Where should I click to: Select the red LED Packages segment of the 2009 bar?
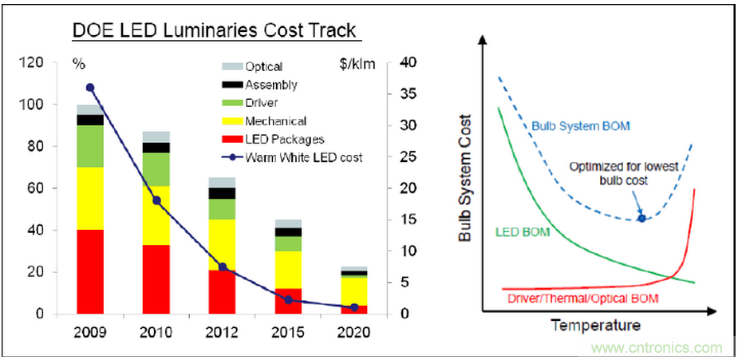coord(90,271)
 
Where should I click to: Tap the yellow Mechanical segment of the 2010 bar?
coord(156,216)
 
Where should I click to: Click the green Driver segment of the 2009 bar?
coord(90,146)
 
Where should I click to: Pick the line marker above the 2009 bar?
coord(90,88)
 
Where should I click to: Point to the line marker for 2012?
coord(223,267)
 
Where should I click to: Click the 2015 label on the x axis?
coord(288,331)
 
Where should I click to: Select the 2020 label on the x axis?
coord(353,331)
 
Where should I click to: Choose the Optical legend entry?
coord(264,67)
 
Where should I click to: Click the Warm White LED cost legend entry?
coord(304,157)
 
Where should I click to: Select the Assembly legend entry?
coord(271,85)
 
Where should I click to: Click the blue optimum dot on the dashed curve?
coord(641,217)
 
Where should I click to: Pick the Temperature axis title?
coord(595,326)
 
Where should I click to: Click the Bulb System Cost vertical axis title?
coord(464,179)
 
